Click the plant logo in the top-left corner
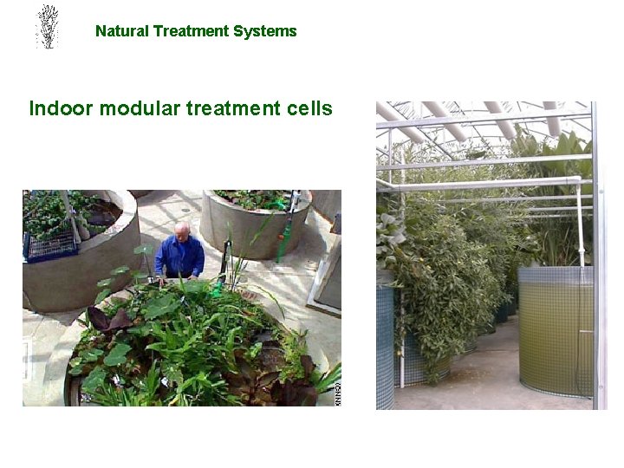47,27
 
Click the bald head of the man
182,231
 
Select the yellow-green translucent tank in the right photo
555,329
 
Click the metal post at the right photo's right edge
598,260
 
